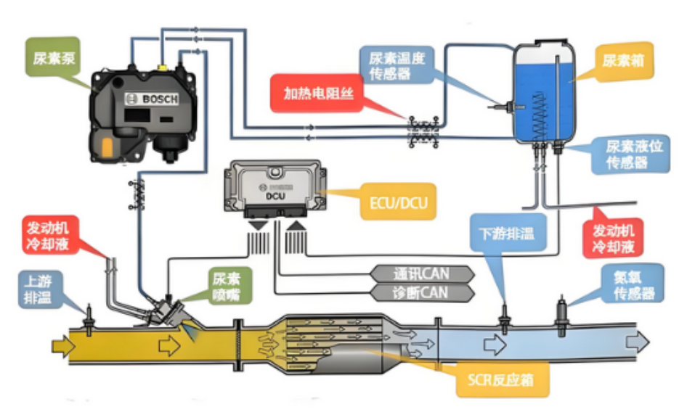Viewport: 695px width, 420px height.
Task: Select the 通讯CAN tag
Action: tap(421, 273)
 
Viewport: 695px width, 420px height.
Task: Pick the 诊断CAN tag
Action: tap(421, 293)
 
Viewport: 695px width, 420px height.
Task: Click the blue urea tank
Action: tap(544, 94)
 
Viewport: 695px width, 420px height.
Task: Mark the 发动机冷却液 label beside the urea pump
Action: tap(49, 235)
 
